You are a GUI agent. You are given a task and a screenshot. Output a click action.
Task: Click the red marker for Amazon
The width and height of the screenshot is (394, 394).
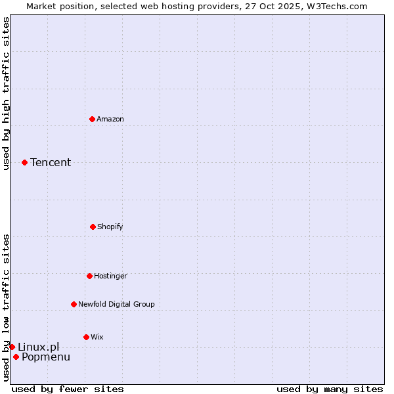click(x=92, y=119)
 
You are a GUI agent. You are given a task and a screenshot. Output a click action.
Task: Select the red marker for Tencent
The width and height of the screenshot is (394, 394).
click(x=24, y=162)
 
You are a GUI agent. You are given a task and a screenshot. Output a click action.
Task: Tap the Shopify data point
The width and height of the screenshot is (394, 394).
click(x=93, y=227)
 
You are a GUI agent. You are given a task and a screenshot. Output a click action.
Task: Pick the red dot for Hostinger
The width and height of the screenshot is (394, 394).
click(x=89, y=276)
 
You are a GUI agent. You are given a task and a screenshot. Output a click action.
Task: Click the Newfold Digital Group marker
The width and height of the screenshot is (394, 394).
click(x=74, y=304)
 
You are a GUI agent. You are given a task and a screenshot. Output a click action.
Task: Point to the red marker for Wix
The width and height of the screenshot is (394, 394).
click(x=86, y=337)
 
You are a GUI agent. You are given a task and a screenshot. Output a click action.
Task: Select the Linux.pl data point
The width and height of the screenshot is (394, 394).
click(x=12, y=347)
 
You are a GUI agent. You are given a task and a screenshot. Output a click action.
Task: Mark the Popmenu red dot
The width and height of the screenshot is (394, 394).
click(x=16, y=357)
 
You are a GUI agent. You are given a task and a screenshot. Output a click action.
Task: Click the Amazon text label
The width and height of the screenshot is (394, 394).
click(x=110, y=119)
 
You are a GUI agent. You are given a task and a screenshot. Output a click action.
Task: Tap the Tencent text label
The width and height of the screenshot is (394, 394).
click(x=51, y=162)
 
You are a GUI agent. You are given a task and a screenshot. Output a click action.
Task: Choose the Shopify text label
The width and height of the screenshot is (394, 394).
click(x=110, y=227)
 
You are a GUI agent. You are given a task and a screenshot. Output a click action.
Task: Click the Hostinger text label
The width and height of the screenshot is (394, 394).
click(x=110, y=276)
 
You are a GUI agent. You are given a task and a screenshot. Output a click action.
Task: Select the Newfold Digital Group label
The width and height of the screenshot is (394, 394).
click(x=116, y=304)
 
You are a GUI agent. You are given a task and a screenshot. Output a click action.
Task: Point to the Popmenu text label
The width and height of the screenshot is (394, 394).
click(x=46, y=357)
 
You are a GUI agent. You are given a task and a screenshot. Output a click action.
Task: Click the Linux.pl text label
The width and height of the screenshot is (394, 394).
click(x=38, y=347)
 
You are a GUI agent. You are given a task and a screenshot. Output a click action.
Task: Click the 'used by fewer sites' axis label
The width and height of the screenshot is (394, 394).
click(x=68, y=389)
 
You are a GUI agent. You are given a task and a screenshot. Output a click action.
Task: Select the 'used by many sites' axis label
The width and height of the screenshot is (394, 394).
click(x=330, y=389)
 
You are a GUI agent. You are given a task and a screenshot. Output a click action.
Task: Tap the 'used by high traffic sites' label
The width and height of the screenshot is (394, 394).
click(x=6, y=93)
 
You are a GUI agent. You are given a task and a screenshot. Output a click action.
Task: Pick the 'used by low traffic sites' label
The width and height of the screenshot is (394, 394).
click(x=6, y=307)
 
